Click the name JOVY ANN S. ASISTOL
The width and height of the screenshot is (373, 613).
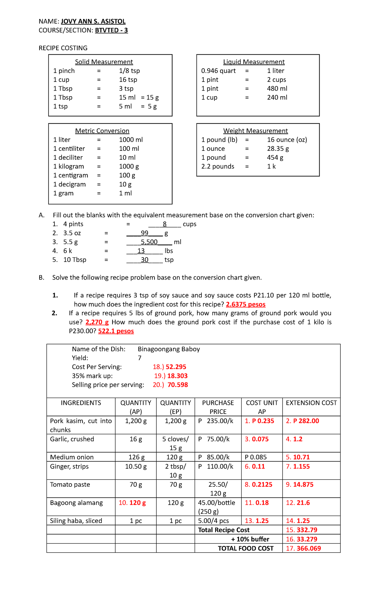pyautogui.click(x=93, y=21)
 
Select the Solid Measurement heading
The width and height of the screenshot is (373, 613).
pyautogui.click(x=104, y=62)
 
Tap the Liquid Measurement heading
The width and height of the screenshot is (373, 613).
pyautogui.click(x=254, y=62)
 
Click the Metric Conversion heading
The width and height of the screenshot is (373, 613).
pyautogui.click(x=102, y=131)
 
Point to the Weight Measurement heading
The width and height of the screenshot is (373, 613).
pyautogui.click(x=255, y=131)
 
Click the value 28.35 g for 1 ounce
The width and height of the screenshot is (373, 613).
pyautogui.click(x=278, y=149)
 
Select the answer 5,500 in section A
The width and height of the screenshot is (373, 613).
pyautogui.click(x=149, y=242)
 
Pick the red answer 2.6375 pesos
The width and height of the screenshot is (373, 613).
pyautogui.click(x=246, y=304)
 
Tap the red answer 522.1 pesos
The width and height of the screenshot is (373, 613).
pyautogui.click(x=116, y=331)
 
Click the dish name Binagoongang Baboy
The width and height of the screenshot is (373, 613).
pyautogui.click(x=169, y=349)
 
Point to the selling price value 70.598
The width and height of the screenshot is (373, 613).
pyautogui.click(x=177, y=385)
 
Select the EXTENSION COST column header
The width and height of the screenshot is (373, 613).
pyautogui.click(x=311, y=403)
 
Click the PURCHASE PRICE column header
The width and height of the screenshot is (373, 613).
pyautogui.click(x=218, y=407)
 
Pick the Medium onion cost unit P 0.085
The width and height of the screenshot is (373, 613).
pyautogui.click(x=256, y=457)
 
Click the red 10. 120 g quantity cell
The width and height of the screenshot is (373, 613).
pyautogui.click(x=132, y=503)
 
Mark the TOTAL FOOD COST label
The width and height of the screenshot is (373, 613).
pyautogui.click(x=246, y=548)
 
